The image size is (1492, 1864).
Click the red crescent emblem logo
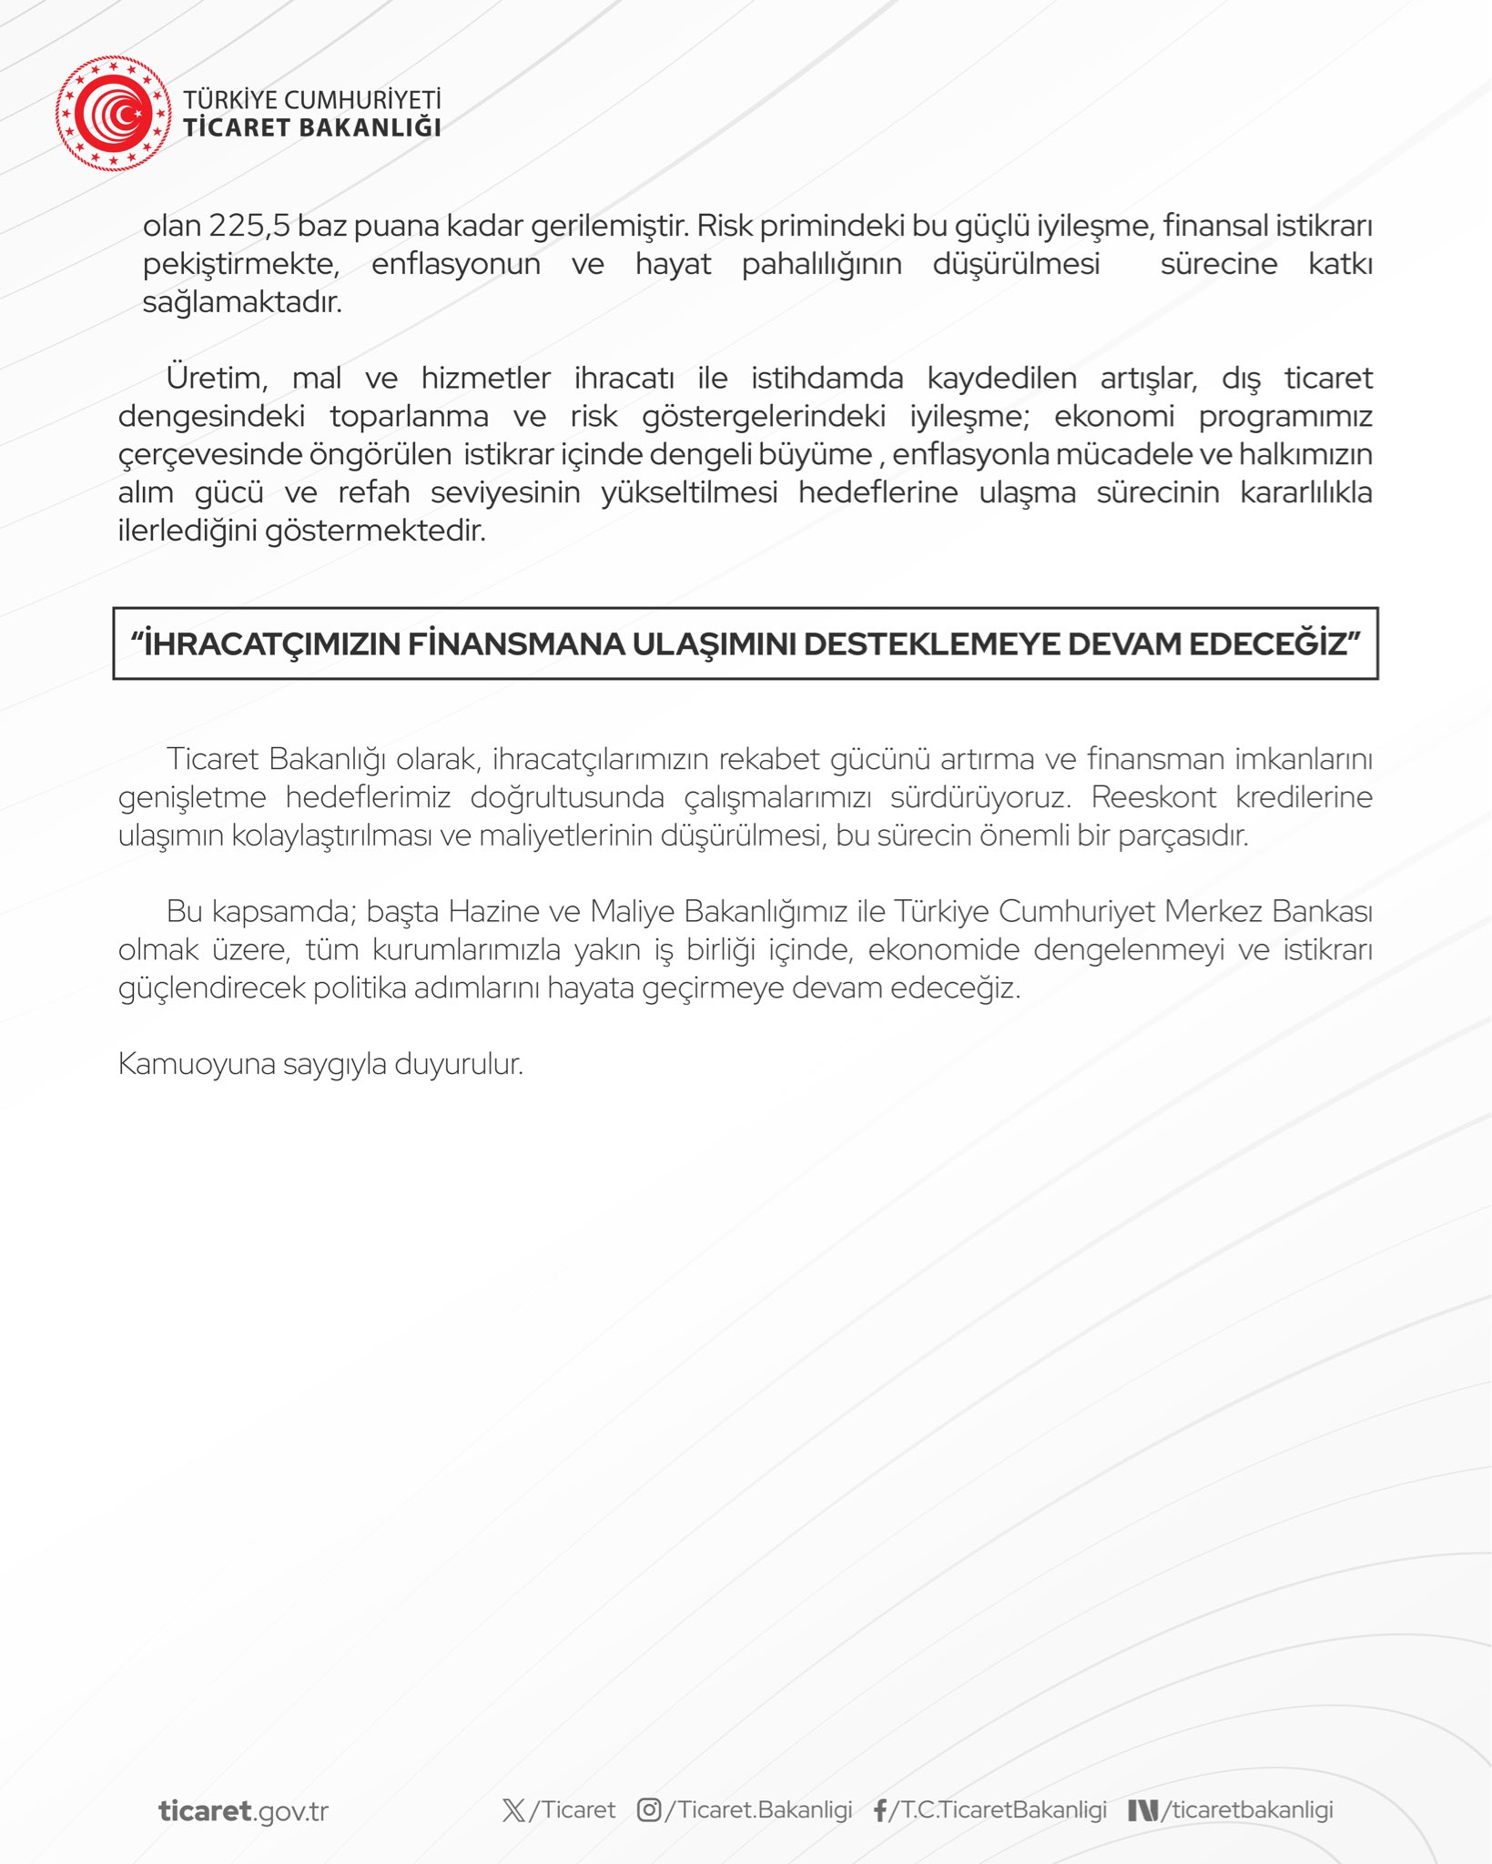pyautogui.click(x=113, y=114)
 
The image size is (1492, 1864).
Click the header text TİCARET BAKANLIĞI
pyautogui.click(x=312, y=127)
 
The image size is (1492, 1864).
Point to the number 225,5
pyautogui.click(x=249, y=226)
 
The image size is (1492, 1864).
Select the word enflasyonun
pyautogui.click(x=455, y=264)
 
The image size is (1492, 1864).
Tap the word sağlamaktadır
pyautogui.click(x=242, y=302)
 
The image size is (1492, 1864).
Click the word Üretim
pyautogui.click(x=216, y=378)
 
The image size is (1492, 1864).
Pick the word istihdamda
pyautogui.click(x=827, y=378)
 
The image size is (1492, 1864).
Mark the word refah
pyautogui.click(x=373, y=492)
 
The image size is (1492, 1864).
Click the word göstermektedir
pyautogui.click(x=375, y=531)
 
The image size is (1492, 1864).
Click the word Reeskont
pyautogui.click(x=1153, y=797)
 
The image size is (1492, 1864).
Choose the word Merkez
pyautogui.click(x=1209, y=911)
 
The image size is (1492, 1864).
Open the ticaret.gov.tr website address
pyautogui.click(x=243, y=1810)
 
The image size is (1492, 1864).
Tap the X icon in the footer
pyautogui.click(x=513, y=1810)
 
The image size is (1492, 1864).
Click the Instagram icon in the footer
pyautogui.click(x=649, y=1810)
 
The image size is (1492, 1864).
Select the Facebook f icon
pyautogui.click(x=880, y=1810)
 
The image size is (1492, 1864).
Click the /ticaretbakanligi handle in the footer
pyautogui.click(x=1246, y=1810)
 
